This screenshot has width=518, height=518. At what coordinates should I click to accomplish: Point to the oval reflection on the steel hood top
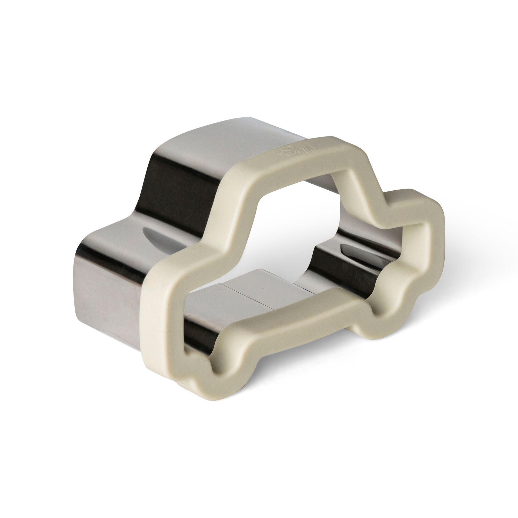(x=150, y=236)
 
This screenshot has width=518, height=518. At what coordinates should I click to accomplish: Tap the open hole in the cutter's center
(x=295, y=241)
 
